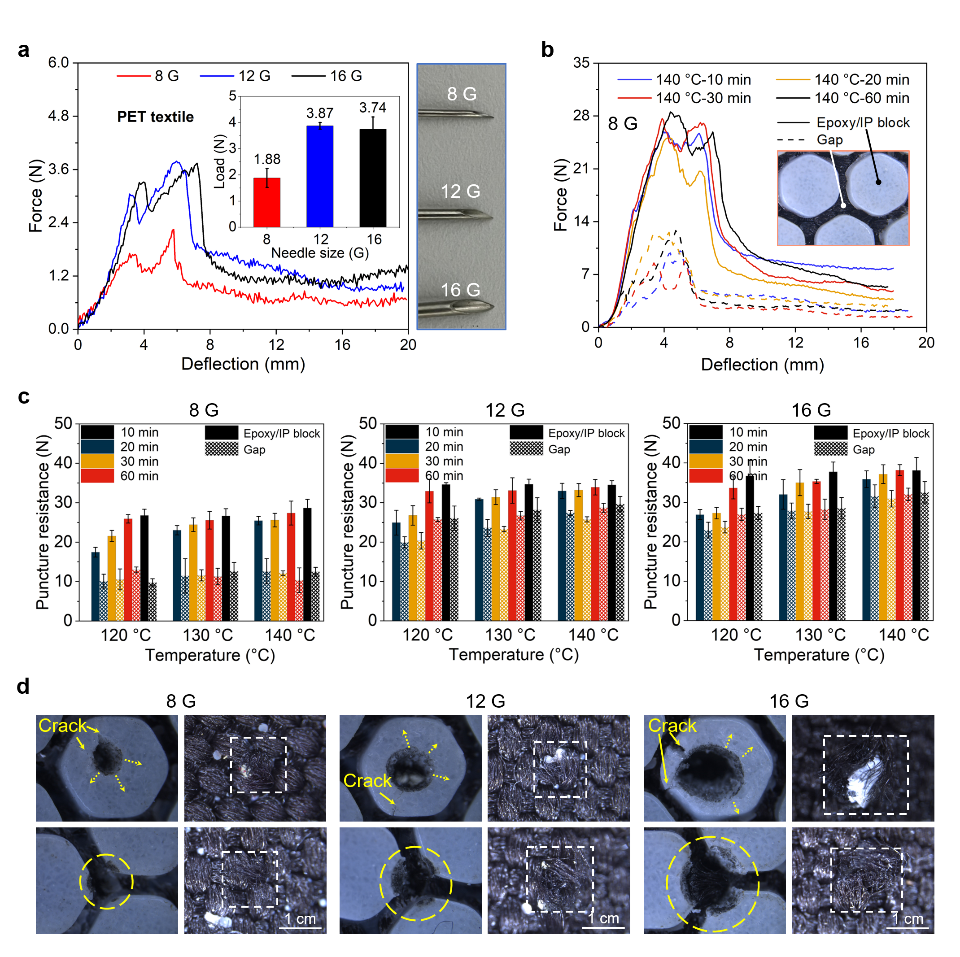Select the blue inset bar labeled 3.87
click(x=319, y=176)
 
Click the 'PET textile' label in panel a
click(x=155, y=117)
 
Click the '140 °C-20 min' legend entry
click(x=861, y=79)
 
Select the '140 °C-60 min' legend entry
click(x=861, y=98)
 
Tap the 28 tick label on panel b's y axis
click(x=581, y=116)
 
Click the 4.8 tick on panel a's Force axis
click(x=58, y=116)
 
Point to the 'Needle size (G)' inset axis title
click(x=319, y=253)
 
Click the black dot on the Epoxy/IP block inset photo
click(x=878, y=182)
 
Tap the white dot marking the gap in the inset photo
click(x=843, y=205)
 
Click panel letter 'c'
click(x=23, y=396)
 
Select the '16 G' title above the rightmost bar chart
click(x=811, y=410)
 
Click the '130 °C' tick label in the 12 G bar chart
click(x=511, y=635)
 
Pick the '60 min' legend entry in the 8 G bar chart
click(x=139, y=476)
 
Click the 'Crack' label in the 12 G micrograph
click(x=367, y=781)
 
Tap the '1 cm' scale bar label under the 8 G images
click(x=300, y=919)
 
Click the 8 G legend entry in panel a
click(x=166, y=76)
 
